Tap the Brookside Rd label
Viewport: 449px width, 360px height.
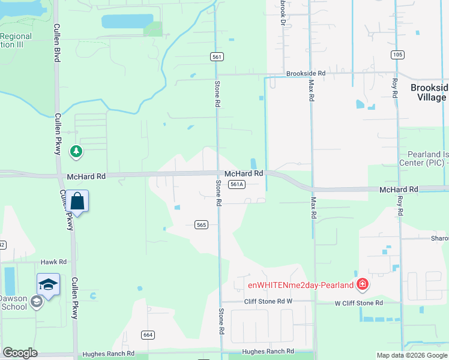[306, 73]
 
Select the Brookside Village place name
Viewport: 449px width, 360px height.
[429, 92]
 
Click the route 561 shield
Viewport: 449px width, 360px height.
[217, 56]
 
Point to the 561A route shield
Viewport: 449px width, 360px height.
[237, 185]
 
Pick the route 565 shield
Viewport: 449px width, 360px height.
[201, 225]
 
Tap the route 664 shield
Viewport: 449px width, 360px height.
[148, 334]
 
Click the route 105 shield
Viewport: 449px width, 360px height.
[396, 55]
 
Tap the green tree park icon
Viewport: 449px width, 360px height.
[76, 151]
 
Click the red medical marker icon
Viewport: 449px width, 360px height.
[362, 283]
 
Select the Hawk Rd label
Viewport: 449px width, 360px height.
[53, 262]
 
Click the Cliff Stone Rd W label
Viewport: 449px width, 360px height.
[267, 301]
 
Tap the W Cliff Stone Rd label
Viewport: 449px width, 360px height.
[358, 303]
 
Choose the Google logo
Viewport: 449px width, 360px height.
[20, 353]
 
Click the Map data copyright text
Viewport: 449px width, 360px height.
[411, 355]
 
